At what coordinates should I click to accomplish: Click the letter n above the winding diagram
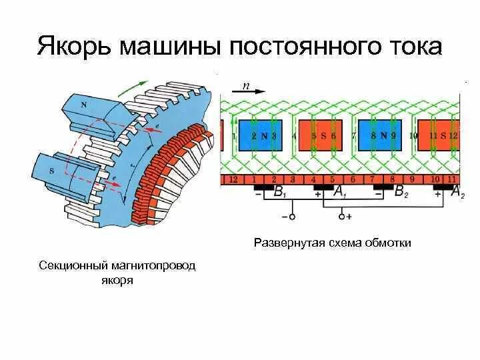point(246,86)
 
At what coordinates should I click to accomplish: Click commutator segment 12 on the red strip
point(233,179)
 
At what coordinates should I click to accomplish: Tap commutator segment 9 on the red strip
point(413,179)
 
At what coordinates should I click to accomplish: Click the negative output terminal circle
point(288,217)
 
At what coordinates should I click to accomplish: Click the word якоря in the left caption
point(116,280)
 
